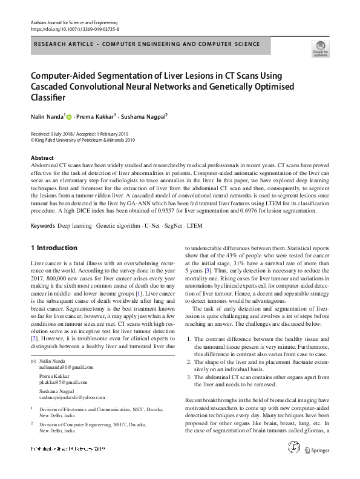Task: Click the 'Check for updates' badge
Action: tap(321, 48)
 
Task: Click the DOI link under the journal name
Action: tap(74, 28)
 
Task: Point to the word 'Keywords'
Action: tap(42, 226)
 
